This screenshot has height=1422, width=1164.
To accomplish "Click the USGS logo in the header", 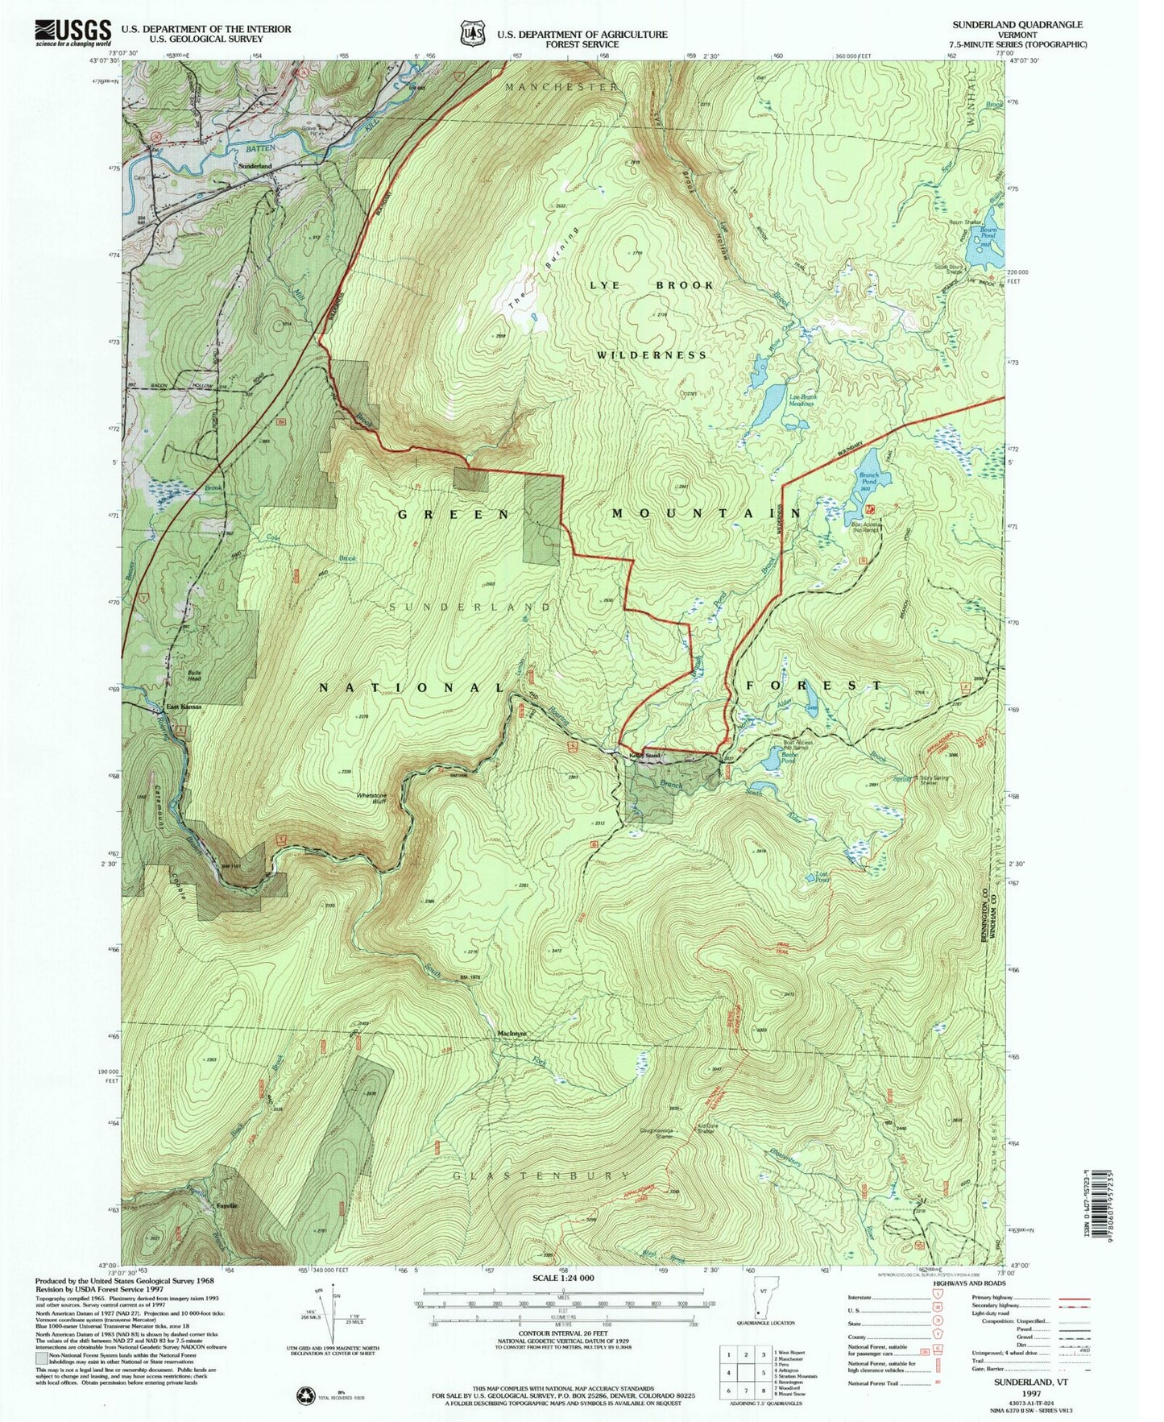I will (72, 32).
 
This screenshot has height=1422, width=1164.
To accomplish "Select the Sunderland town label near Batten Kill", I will (254, 166).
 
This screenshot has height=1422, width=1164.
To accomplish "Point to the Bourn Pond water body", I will (988, 252).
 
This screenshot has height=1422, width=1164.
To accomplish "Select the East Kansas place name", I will (184, 707).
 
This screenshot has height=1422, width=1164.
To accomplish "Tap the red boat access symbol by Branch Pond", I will (869, 510).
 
